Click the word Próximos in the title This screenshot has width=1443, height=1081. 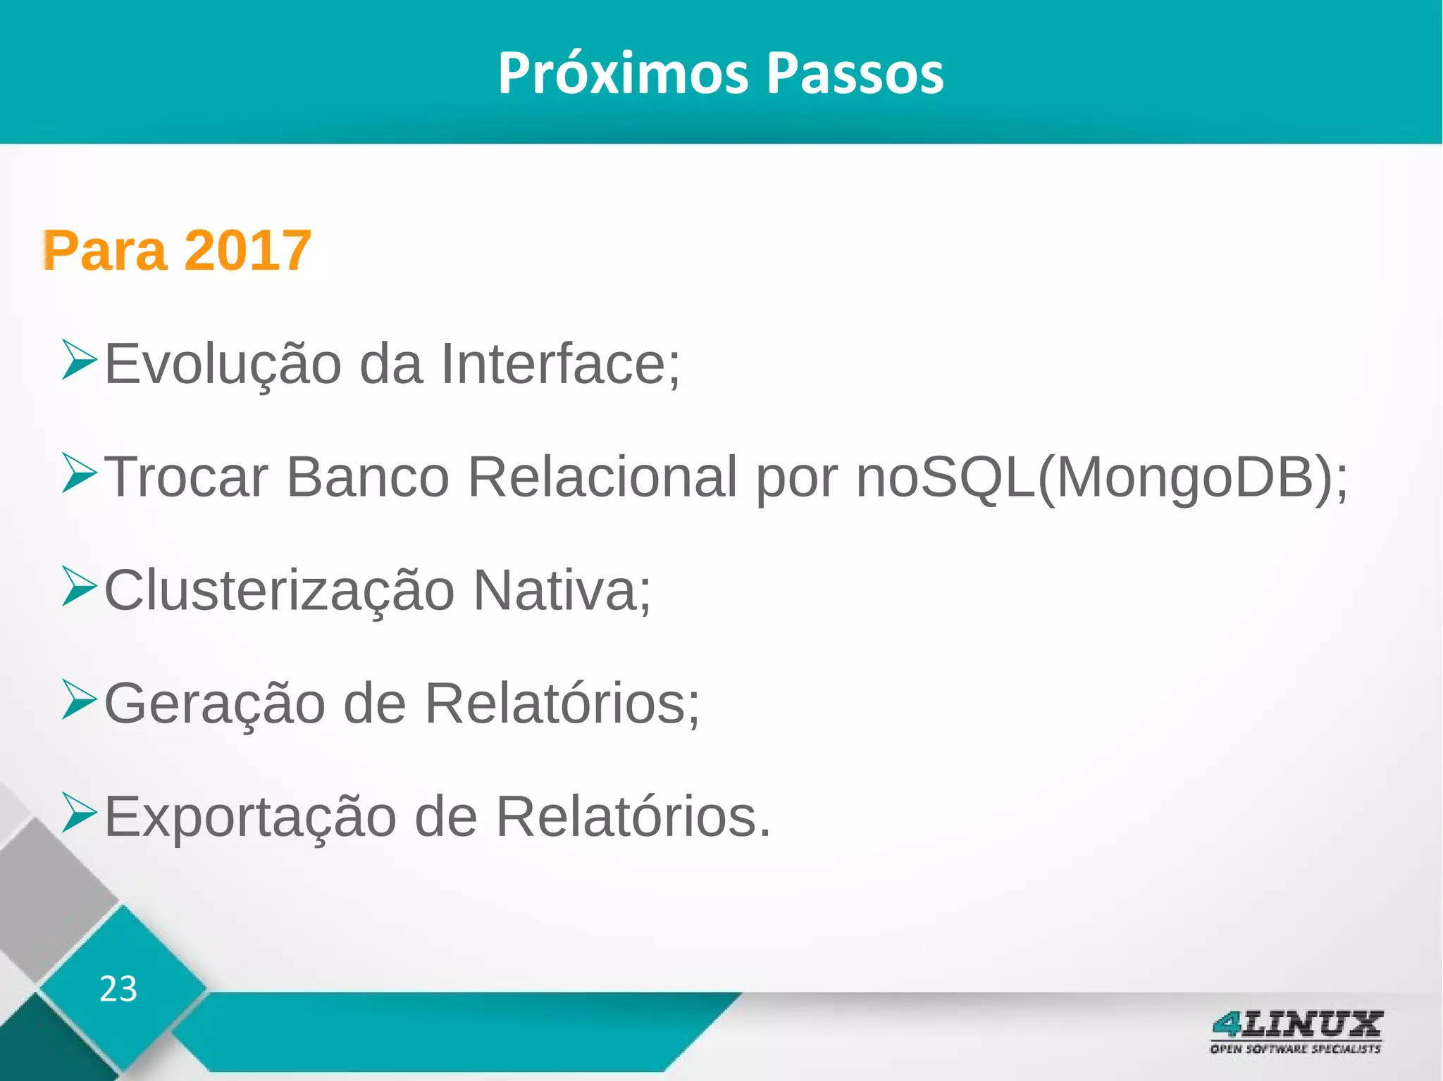point(622,73)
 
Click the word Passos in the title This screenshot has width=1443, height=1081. point(855,73)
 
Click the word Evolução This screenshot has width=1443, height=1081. point(223,364)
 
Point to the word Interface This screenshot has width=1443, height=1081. point(561,364)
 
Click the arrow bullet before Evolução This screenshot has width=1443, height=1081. point(78,360)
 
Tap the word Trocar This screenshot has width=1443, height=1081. point(186,477)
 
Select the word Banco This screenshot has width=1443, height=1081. point(368,477)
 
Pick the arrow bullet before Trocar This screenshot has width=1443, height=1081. point(78,473)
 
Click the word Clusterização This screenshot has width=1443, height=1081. point(279,591)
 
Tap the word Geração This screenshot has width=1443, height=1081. point(214,703)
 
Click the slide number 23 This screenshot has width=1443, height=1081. point(118,989)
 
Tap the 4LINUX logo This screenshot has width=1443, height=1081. point(1296,1031)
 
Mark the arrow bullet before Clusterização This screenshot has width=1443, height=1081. point(78,586)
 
